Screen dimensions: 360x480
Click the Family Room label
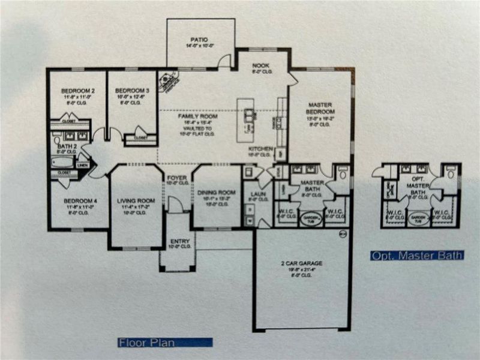pyautogui.click(x=191, y=116)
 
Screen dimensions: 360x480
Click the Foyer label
pyautogui.click(x=176, y=178)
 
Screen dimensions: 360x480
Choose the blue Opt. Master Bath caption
pyautogui.click(x=416, y=256)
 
